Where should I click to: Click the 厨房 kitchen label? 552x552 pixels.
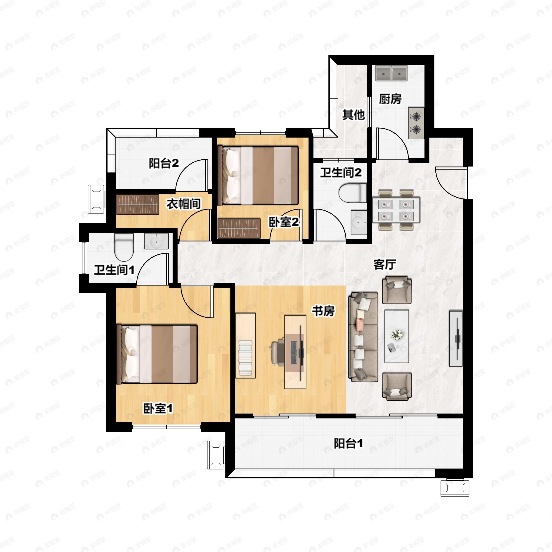pyautogui.click(x=390, y=99)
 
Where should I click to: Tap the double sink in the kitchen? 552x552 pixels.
pyautogui.click(x=391, y=73)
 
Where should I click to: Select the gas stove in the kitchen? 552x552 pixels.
pyautogui.click(x=416, y=123)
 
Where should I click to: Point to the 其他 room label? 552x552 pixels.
pyautogui.click(x=354, y=115)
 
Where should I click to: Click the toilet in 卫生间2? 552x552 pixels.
pyautogui.click(x=353, y=193)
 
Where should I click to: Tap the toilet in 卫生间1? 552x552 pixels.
pyautogui.click(x=124, y=247)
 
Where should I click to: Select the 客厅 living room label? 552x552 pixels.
pyautogui.click(x=385, y=264)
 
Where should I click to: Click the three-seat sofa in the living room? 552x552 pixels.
pyautogui.click(x=363, y=337)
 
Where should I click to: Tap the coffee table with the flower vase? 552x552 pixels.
pyautogui.click(x=397, y=336)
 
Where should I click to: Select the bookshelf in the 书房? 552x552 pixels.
pyautogui.click(x=245, y=345)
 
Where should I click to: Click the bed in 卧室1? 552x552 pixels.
pyautogui.click(x=157, y=354)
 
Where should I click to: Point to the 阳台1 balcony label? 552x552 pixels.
pyautogui.click(x=348, y=443)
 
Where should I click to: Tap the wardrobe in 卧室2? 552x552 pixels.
pyautogui.click(x=239, y=228)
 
